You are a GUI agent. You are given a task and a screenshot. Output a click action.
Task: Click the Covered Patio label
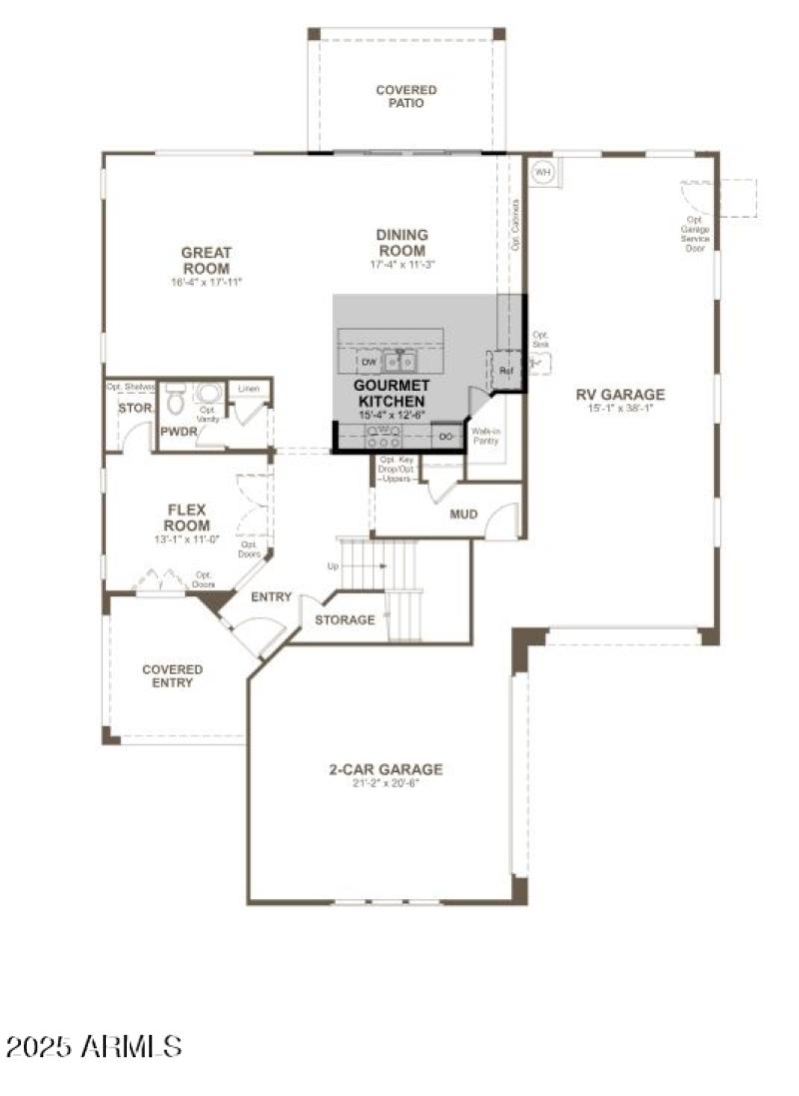click(x=405, y=97)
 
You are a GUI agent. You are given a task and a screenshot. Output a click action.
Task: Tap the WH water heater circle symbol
click(x=542, y=172)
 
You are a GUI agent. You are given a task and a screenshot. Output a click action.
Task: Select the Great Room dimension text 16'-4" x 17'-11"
click(x=206, y=283)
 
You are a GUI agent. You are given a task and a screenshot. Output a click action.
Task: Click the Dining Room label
click(x=401, y=243)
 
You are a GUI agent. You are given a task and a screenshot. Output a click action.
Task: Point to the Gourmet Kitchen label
click(x=393, y=393)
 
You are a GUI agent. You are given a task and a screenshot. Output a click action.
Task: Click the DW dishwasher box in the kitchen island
click(x=368, y=362)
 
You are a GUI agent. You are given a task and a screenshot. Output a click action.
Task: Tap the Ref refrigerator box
click(x=505, y=372)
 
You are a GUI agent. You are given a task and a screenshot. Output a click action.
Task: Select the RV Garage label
click(x=619, y=394)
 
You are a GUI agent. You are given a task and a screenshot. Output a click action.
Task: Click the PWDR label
click(x=178, y=432)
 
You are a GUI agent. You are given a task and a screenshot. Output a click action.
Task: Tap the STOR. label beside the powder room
click(x=135, y=409)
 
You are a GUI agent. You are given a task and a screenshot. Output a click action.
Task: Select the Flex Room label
click(x=187, y=518)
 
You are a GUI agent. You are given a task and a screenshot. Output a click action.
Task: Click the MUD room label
click(x=463, y=515)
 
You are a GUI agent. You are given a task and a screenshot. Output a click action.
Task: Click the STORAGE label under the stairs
click(x=345, y=619)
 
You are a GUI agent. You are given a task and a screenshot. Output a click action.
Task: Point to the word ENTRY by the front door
click(x=271, y=597)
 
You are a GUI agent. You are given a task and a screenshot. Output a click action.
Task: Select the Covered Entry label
click(x=172, y=676)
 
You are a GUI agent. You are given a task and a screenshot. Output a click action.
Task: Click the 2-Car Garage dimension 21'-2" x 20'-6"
click(x=386, y=783)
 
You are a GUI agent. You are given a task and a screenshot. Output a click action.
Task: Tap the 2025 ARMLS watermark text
click(x=95, y=1046)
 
